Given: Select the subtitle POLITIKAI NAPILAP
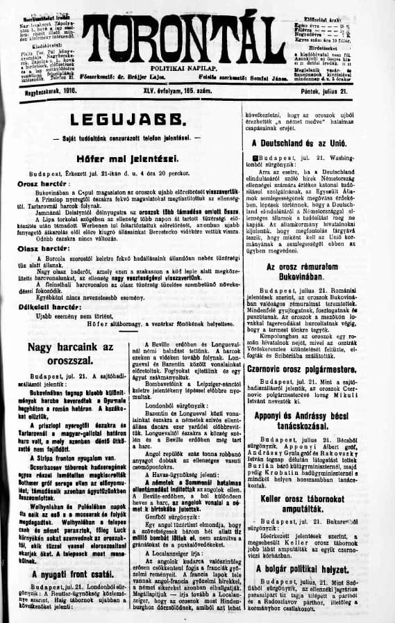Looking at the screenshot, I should coord(197,62).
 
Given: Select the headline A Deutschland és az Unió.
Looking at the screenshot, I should coord(313,143).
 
